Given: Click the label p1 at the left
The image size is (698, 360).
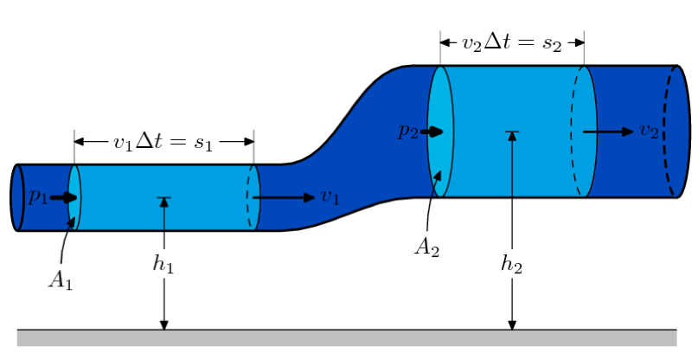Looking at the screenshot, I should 37,196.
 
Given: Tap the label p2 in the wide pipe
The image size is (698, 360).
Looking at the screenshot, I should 408,132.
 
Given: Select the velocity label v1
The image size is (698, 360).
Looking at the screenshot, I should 330,197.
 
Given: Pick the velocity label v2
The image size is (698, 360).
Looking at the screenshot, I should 649,131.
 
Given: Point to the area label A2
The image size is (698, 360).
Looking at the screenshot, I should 426,247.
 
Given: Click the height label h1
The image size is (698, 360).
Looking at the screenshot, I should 163,264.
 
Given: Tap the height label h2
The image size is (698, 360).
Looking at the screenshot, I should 512,264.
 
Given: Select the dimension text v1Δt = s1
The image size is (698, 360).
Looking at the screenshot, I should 163,141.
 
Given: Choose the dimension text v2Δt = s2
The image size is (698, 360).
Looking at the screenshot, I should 512,42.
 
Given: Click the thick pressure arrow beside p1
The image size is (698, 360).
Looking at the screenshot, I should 63,197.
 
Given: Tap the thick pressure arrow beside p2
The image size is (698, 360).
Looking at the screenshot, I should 432,132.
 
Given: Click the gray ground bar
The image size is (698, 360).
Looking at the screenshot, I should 346,337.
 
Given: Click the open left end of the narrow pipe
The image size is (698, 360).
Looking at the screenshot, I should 16,197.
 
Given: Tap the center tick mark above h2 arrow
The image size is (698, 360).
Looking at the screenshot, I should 512,132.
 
